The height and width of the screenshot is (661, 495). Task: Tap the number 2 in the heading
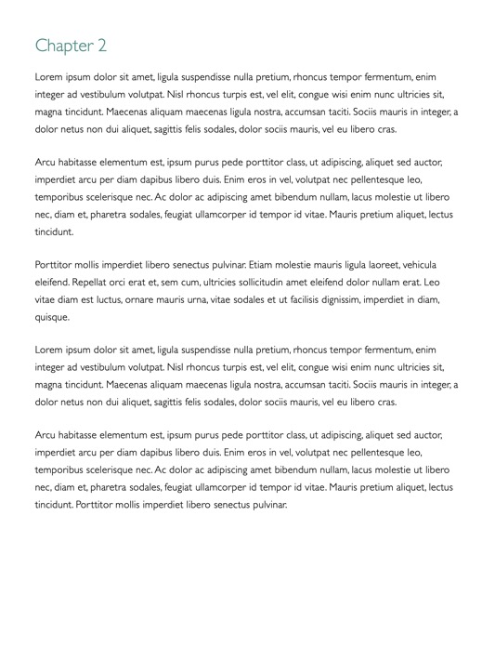102,46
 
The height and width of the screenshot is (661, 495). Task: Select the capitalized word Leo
432,282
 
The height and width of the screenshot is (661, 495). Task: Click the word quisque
52,317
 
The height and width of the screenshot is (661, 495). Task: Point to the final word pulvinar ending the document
267,505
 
